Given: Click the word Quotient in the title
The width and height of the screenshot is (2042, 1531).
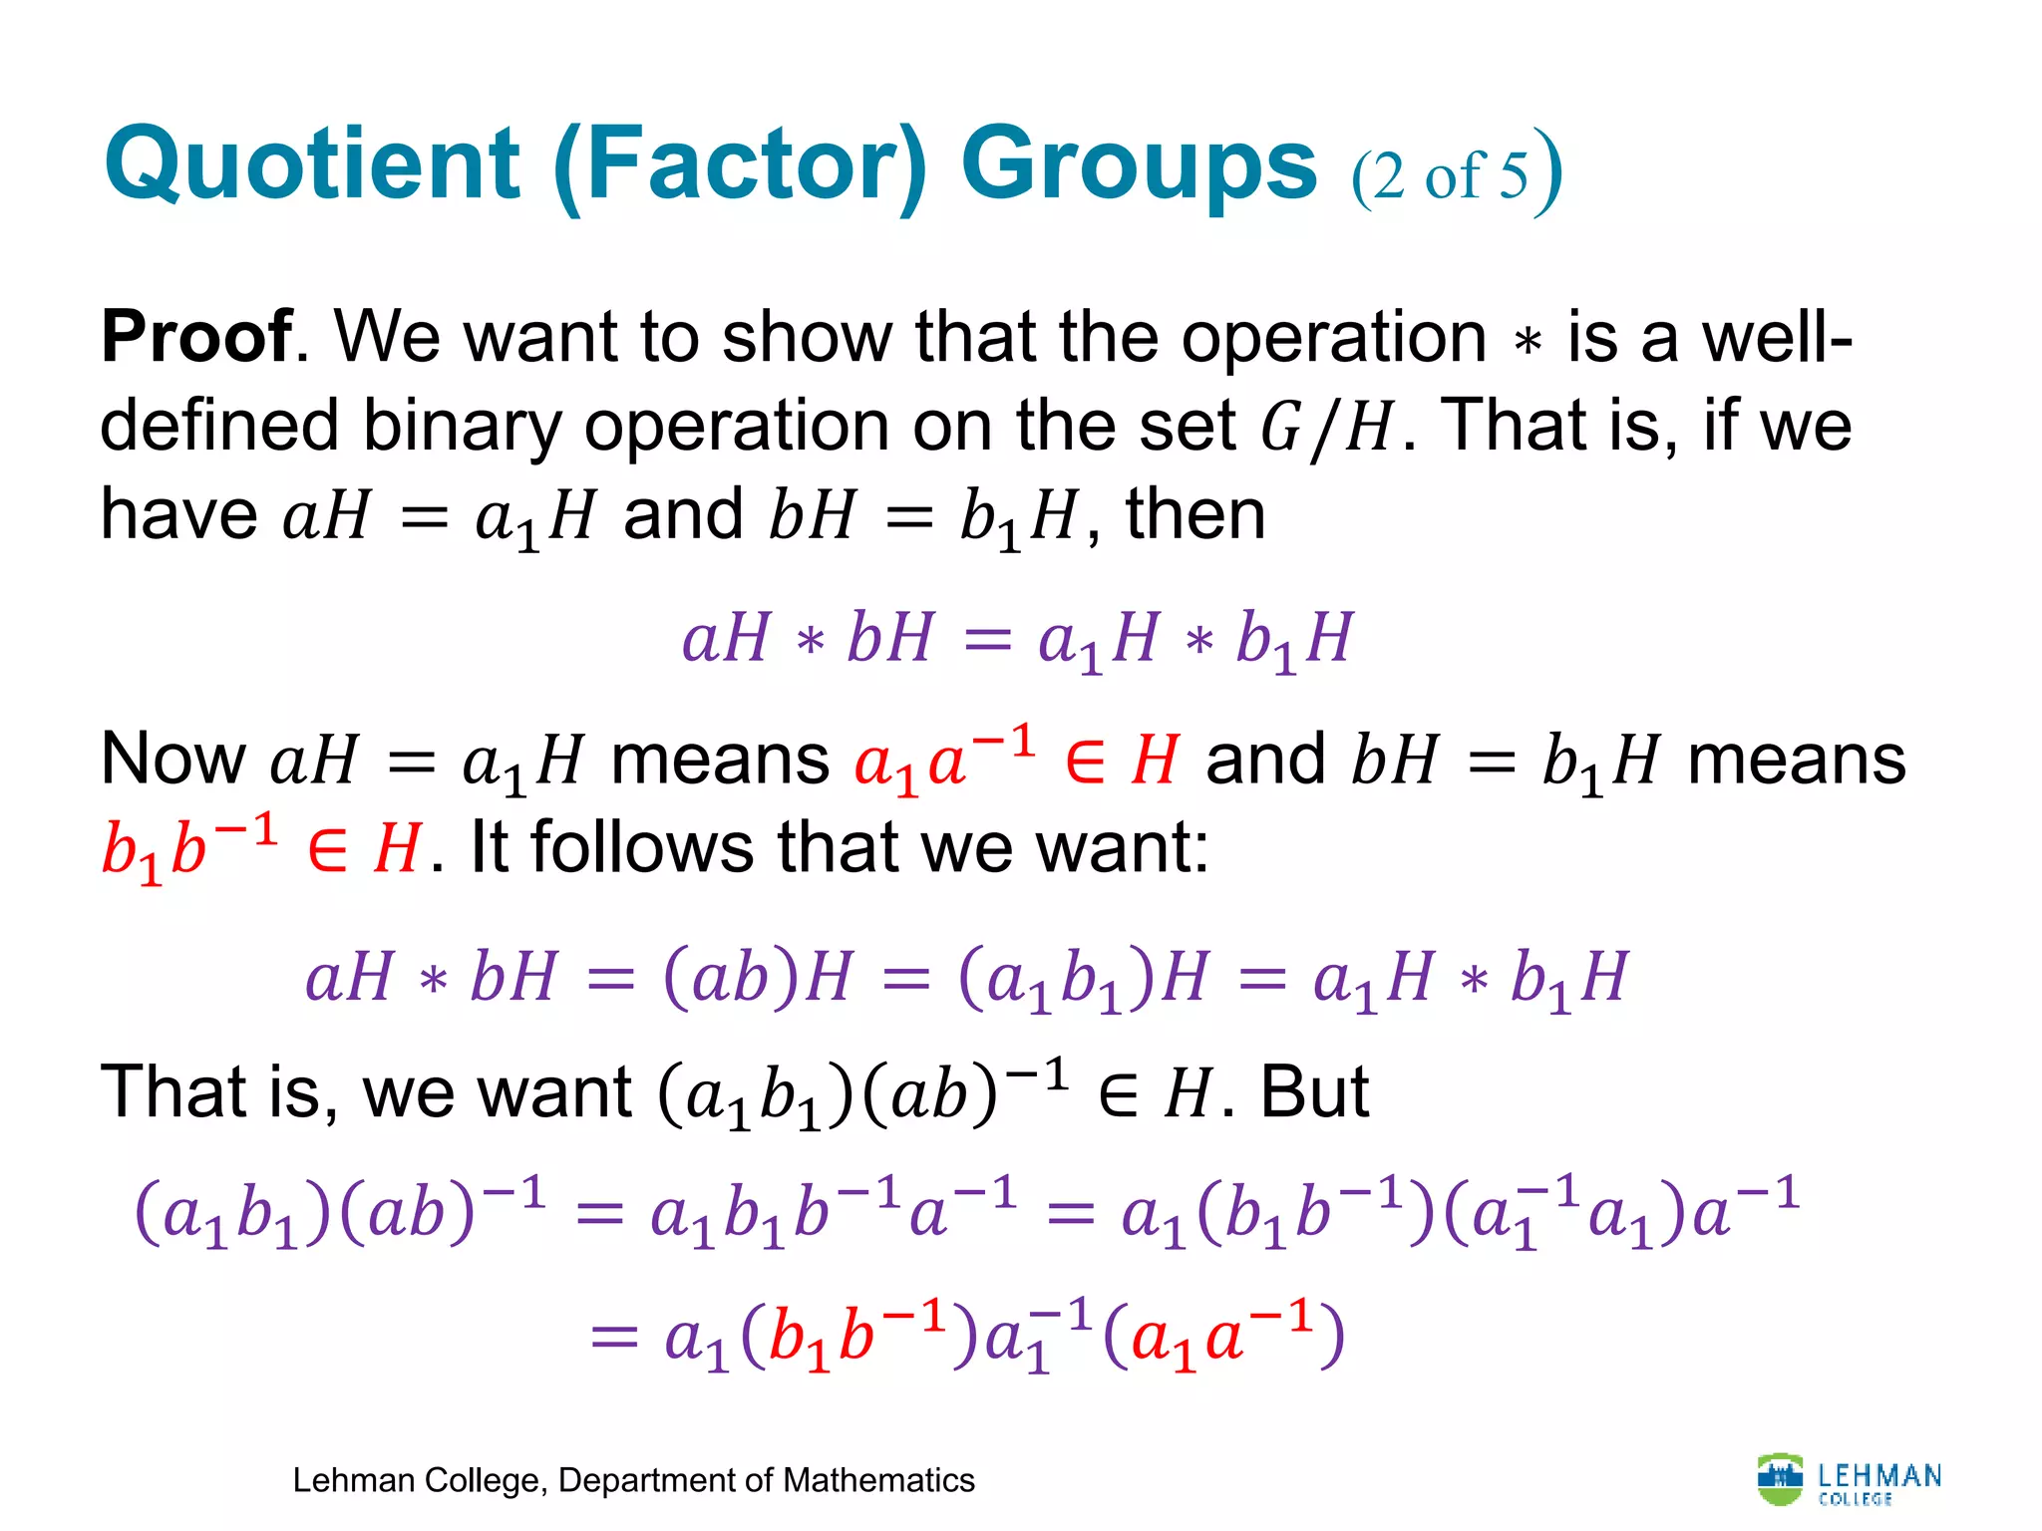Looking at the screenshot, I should tap(312, 164).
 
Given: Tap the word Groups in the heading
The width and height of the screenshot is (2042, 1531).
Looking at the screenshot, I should tap(1139, 164).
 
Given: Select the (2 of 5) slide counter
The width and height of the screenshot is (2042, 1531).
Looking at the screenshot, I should tap(1455, 173).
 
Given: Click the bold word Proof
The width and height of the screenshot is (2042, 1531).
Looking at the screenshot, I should tap(197, 337).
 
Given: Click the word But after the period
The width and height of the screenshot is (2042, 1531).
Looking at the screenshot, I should tap(1314, 1091).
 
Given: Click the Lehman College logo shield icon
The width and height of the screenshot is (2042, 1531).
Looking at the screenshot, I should tap(1780, 1480).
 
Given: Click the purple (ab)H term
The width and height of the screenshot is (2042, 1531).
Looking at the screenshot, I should tap(758, 977).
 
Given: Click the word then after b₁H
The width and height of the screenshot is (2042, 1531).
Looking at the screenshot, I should tap(1195, 515).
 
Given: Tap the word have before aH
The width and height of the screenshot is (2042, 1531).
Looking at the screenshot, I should tap(179, 515).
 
